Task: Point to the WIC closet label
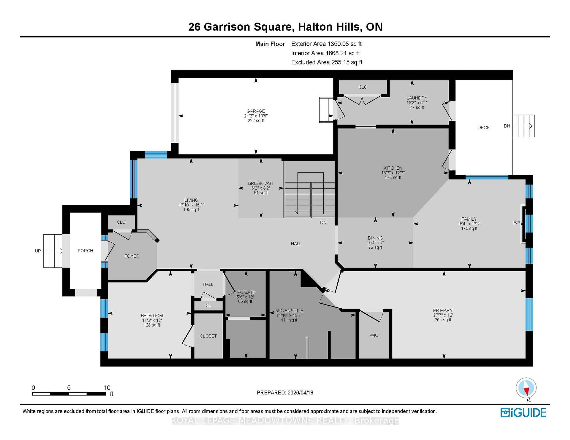click(374, 335)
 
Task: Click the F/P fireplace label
click(517, 223)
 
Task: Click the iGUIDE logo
click(523, 413)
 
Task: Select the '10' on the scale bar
click(107, 388)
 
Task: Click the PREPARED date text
click(285, 393)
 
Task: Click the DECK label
click(483, 127)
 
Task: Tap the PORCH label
click(85, 251)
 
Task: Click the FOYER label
click(132, 256)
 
